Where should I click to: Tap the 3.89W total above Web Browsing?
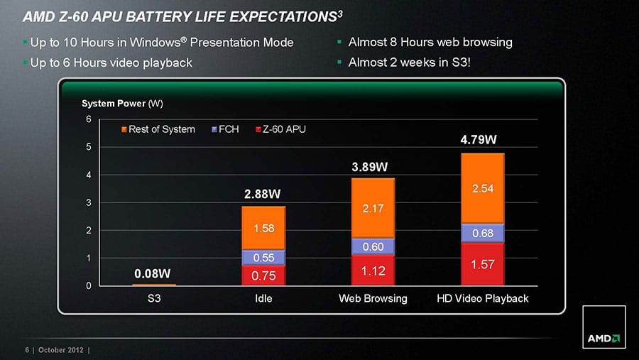click(371, 167)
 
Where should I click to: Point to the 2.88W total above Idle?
click(262, 194)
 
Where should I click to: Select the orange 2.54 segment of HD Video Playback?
click(482, 189)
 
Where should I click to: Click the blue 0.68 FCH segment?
click(482, 233)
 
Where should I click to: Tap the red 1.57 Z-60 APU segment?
click(482, 264)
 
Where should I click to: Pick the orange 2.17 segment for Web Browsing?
click(373, 208)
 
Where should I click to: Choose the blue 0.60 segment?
click(373, 246)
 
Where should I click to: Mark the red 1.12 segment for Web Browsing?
click(373, 271)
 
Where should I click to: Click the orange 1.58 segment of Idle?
click(263, 228)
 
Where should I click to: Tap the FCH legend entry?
click(225, 129)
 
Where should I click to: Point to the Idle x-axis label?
click(263, 298)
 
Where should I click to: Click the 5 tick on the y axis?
click(89, 147)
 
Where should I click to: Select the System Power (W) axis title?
click(123, 104)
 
